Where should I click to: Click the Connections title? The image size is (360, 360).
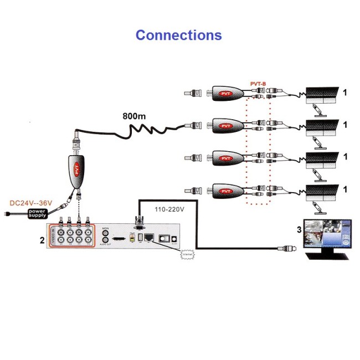pos(178,35)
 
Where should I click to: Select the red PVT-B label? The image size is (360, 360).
pos(258,84)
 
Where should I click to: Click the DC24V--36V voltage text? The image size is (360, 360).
pos(31,203)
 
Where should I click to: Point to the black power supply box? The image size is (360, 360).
pos(38,213)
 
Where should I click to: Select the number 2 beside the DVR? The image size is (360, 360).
pos(42,241)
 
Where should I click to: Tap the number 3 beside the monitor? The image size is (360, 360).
pos(299,229)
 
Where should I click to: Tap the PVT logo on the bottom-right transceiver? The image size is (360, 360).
pos(225,192)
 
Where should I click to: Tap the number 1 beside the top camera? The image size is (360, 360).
pos(345,92)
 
